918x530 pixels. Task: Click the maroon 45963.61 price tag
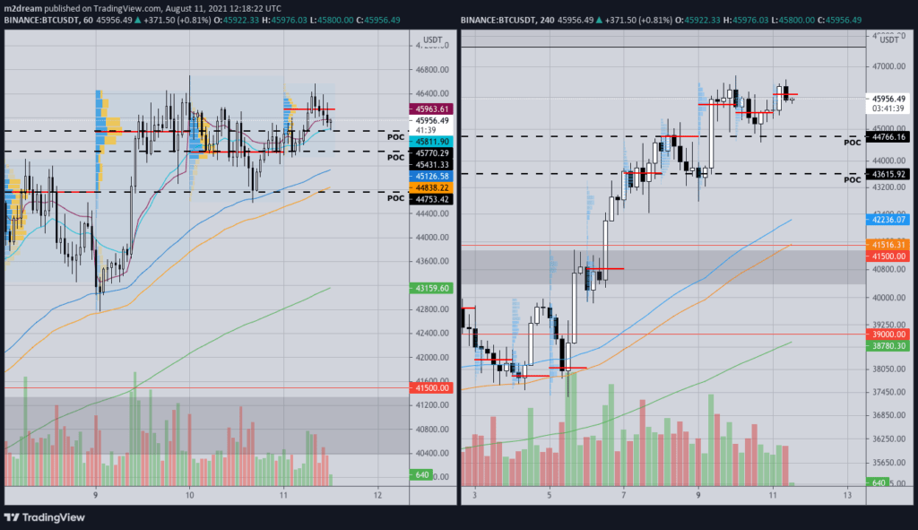coord(431,109)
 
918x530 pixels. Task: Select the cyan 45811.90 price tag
coord(431,142)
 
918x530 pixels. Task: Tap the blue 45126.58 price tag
coord(431,177)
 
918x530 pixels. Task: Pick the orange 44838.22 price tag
coord(431,187)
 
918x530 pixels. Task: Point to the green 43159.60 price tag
coord(431,288)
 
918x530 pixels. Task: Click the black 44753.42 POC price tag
coord(431,199)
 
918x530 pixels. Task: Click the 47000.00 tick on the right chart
coord(889,66)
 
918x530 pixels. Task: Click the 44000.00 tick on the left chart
coord(431,237)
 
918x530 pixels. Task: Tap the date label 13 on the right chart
coord(847,495)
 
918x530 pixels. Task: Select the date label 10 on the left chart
coord(190,495)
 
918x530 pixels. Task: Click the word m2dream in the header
coord(23,7)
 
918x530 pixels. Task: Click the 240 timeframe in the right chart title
coord(545,19)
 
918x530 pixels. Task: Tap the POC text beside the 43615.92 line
coord(853,179)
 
